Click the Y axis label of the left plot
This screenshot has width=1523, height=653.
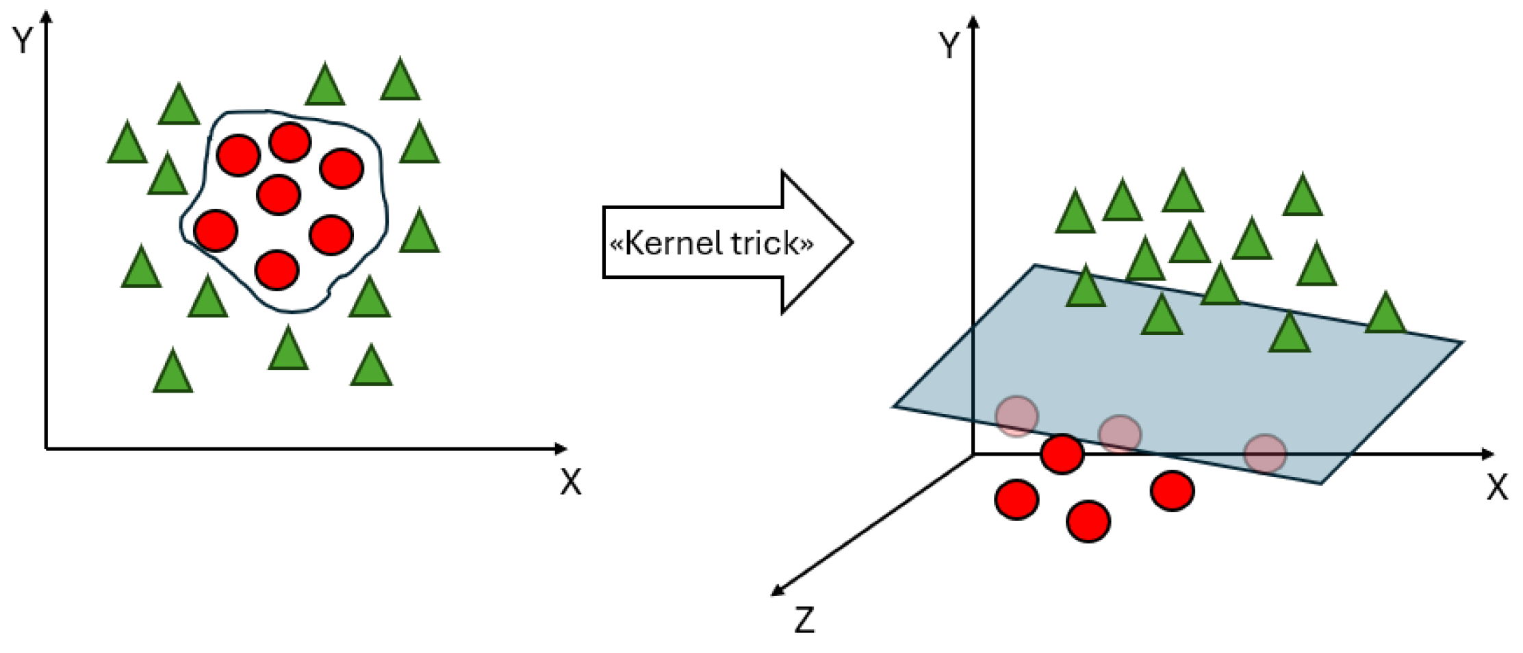tap(23, 40)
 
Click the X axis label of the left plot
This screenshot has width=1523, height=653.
tap(570, 482)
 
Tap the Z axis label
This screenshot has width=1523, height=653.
tap(804, 620)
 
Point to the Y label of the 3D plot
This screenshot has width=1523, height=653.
tap(949, 46)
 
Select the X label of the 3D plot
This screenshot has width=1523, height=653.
tap(1497, 488)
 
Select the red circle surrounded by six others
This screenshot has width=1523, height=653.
tap(279, 195)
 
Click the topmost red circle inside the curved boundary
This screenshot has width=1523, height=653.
tap(290, 143)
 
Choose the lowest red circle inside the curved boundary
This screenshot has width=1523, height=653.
tap(277, 270)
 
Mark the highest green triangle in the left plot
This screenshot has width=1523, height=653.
tap(400, 81)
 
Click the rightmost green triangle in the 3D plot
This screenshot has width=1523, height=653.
tap(1385, 315)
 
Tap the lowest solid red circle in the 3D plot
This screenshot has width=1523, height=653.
tap(1088, 521)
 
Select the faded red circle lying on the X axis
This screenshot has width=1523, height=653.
tap(1265, 454)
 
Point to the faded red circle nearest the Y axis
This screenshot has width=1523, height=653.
tap(1016, 416)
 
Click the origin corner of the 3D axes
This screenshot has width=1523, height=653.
tap(973, 454)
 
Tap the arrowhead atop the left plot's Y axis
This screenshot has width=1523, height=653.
tap(47, 15)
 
